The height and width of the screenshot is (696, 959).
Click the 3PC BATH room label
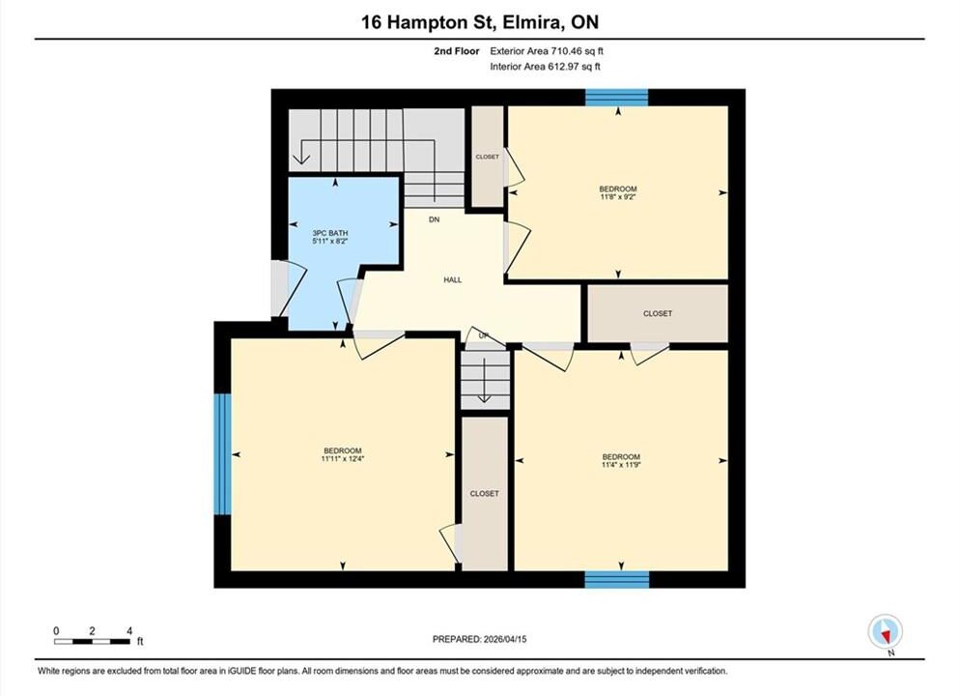330,233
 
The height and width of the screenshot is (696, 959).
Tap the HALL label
453,279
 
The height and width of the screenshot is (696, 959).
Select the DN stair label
435,219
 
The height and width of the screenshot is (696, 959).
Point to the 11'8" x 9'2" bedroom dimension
618,197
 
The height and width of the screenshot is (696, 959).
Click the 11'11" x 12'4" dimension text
343,458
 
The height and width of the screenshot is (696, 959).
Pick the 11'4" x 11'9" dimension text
621,465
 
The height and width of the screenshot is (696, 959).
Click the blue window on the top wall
616,98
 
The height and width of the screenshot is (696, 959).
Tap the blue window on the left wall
223,453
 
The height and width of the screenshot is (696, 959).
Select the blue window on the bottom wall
616,579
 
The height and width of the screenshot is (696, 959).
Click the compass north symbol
885,632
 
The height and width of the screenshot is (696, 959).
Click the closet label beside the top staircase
488,157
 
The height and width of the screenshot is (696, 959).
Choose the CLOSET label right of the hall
658,313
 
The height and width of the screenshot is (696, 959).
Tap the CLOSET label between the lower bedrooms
485,493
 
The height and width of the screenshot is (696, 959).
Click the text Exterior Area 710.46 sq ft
547,51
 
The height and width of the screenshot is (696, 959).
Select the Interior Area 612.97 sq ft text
545,67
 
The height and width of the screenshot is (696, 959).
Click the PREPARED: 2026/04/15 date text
479,639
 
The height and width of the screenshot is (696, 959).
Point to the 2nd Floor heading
457,51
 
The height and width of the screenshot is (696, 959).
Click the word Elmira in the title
532,22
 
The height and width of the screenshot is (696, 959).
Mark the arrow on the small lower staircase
485,380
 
